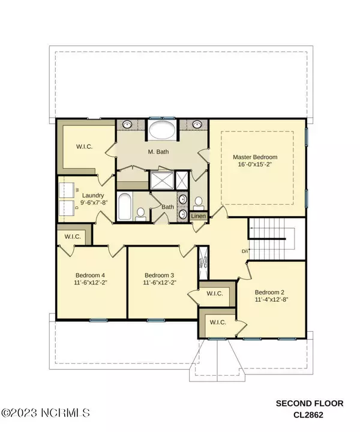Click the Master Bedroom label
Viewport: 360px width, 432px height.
[x=255, y=157]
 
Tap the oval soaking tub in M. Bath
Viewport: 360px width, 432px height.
[x=162, y=130]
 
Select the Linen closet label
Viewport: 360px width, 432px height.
[x=199, y=216]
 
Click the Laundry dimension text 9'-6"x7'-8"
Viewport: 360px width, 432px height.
[x=94, y=203]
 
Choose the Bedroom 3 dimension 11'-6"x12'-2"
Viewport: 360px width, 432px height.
[x=160, y=283]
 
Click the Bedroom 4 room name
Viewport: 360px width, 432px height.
[x=90, y=275]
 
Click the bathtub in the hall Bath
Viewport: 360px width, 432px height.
[x=125, y=206]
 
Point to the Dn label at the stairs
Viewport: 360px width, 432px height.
[x=245, y=251]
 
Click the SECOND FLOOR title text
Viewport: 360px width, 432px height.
[x=310, y=404]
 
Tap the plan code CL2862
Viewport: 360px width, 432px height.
[x=308, y=415]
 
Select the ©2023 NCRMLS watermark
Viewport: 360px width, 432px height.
[x=45, y=413]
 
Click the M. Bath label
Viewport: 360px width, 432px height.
[x=158, y=152]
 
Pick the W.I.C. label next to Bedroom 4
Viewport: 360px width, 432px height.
[x=73, y=236]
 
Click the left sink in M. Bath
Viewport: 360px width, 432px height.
[x=127, y=124]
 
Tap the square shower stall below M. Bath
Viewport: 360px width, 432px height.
[x=162, y=181]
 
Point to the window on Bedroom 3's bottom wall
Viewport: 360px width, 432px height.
[x=156, y=320]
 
